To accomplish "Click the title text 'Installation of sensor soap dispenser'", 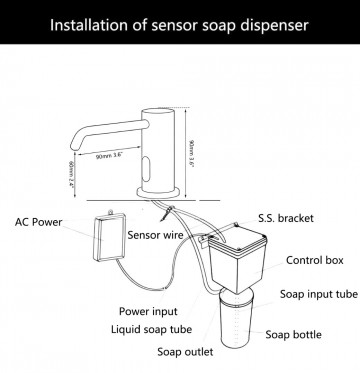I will (179, 22).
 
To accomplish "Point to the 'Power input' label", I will (150, 310).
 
